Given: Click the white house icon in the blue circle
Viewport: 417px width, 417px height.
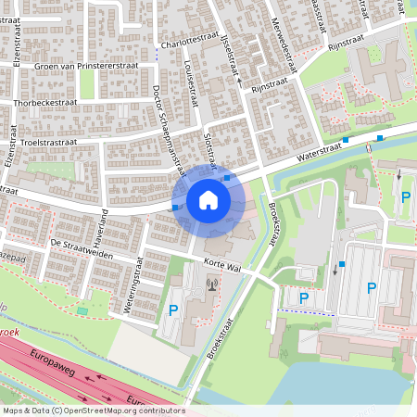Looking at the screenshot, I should click(208, 199).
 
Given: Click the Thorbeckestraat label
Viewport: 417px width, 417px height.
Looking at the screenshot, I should click(44, 102).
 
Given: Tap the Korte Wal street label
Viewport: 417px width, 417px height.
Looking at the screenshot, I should click(222, 266).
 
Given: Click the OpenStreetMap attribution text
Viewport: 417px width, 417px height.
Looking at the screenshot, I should click(93, 410).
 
